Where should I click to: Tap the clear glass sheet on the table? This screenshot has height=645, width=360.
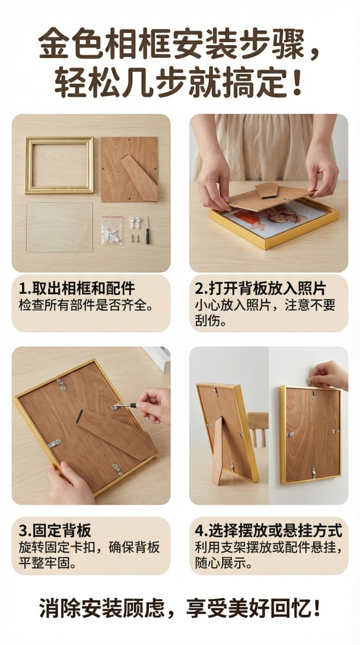point(60,227)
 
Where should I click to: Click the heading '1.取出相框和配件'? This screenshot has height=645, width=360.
point(77,288)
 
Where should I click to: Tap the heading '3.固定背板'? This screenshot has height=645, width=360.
point(55,531)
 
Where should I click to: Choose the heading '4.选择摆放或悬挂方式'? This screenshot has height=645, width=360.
point(268,531)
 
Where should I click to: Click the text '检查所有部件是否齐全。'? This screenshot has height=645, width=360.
point(85,305)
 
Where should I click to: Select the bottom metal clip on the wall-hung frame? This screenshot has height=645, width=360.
point(313,471)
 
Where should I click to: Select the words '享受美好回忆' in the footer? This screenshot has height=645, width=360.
point(246,608)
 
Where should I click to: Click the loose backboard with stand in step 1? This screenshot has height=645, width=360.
point(130,169)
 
